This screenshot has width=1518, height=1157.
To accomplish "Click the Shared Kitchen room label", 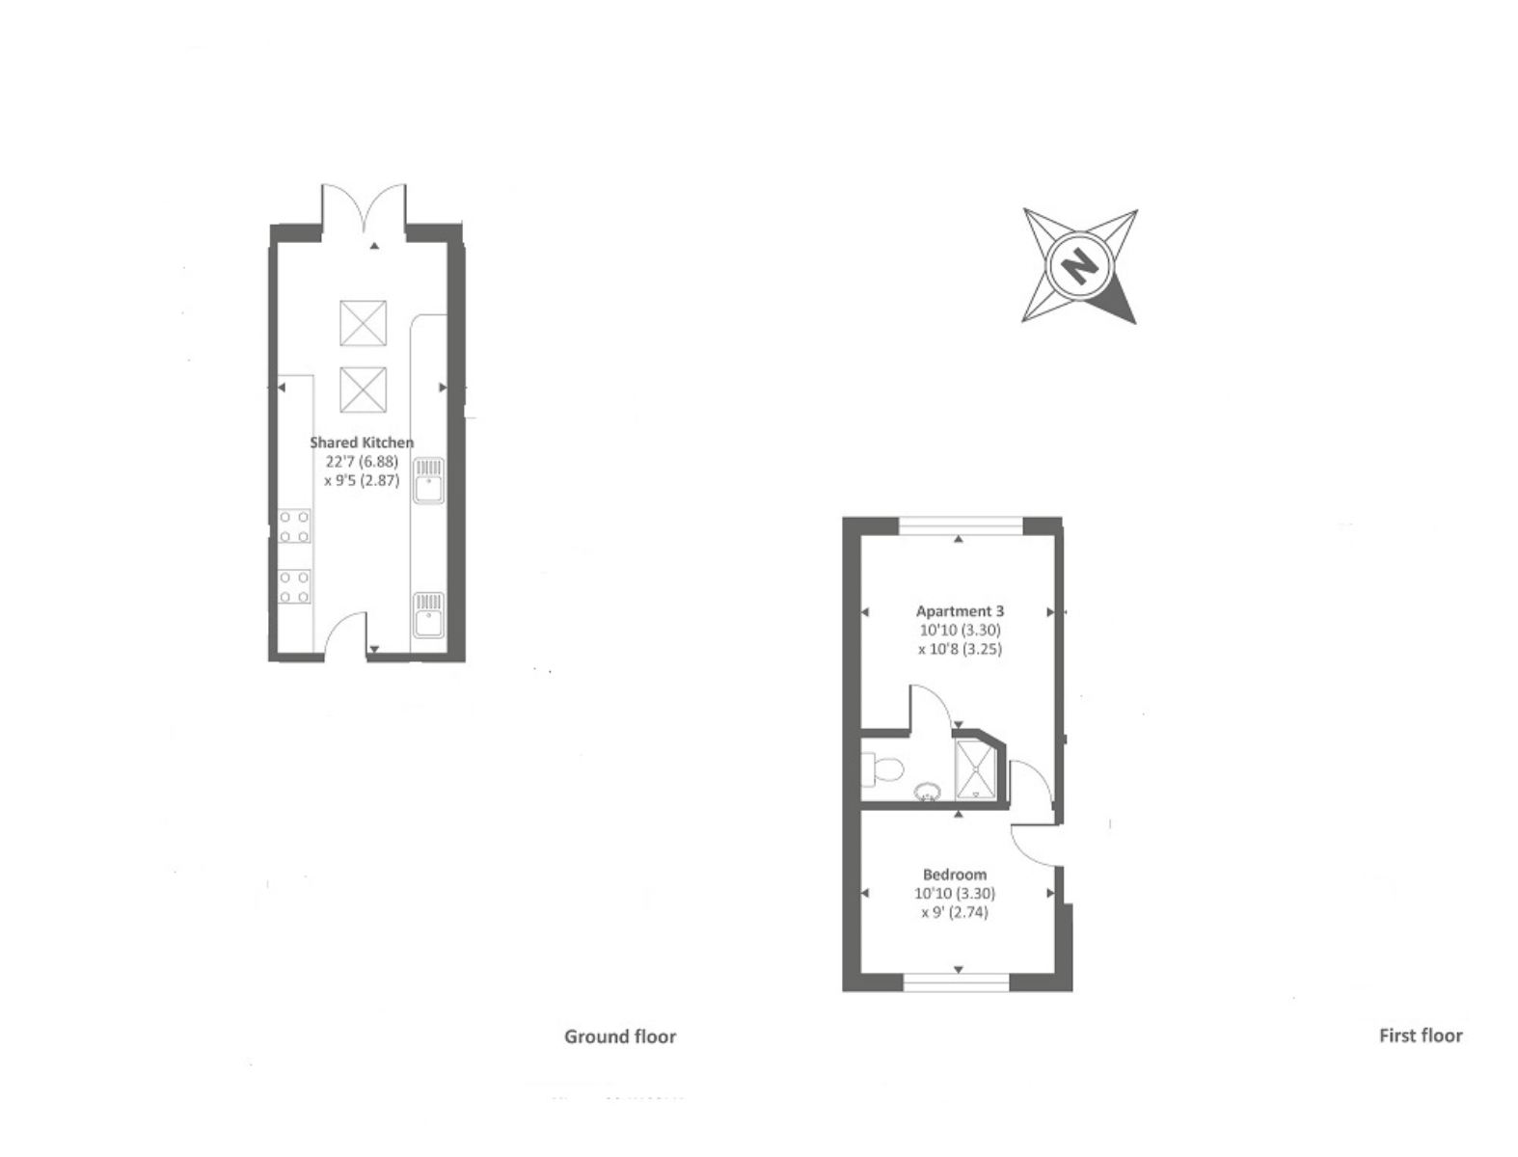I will tap(362, 443).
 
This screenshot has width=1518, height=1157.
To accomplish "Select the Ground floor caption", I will tap(620, 1036).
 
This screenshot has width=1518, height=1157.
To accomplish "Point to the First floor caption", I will tap(1420, 1036).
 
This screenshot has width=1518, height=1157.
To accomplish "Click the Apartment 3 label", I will tap(960, 611).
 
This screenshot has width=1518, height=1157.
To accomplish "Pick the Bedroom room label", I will tap(954, 874).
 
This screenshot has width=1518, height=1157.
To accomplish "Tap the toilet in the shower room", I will tap(882, 768).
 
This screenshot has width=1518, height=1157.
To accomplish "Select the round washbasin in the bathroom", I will tap(928, 792).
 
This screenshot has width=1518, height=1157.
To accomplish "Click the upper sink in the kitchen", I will tap(429, 480).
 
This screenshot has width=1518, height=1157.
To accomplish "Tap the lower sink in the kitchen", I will tap(429, 614).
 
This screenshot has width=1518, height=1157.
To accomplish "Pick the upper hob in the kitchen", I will tap(294, 526).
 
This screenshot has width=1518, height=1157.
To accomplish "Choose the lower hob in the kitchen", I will tap(294, 587).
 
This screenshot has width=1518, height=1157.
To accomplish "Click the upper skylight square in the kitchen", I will tap(364, 323).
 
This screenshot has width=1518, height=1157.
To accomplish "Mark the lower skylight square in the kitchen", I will tap(364, 389).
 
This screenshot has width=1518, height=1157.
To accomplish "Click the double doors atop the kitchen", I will tap(364, 210).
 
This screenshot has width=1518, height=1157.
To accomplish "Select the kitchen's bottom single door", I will tap(345, 634).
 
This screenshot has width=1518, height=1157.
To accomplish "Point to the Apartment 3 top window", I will tap(960, 526).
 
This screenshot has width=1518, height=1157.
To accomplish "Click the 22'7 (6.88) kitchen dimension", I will tap(362, 462).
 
